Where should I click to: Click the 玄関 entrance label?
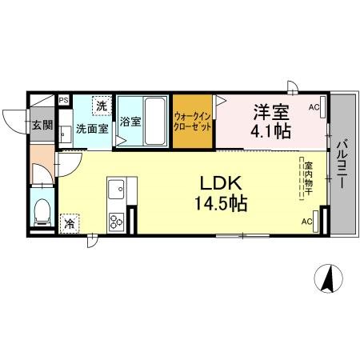coord(42,125)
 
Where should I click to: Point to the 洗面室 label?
coord(92,128)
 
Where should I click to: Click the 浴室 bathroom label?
coord(131,122)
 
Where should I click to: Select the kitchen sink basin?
coord(115,191)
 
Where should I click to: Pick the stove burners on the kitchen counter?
coord(115,217)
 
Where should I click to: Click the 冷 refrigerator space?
coord(70,224)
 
